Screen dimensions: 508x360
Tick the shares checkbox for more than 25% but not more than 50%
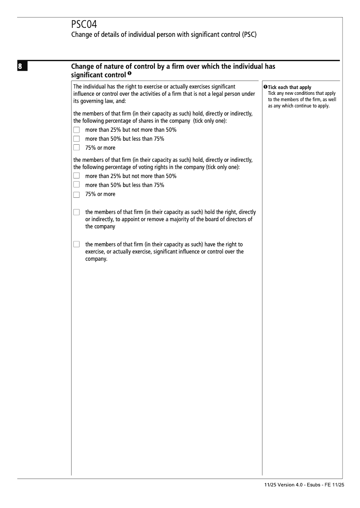[76, 130]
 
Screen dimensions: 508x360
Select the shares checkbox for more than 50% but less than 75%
[76, 138]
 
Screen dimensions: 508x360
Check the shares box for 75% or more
[76, 147]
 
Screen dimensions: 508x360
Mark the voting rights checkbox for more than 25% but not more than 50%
[76, 176]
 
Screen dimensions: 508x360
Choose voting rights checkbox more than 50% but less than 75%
[76, 185]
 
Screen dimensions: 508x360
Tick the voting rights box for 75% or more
[76, 194]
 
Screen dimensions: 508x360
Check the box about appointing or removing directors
[76, 212]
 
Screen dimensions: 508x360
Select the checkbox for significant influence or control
[76, 245]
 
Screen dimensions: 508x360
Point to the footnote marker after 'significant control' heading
[129, 74]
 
